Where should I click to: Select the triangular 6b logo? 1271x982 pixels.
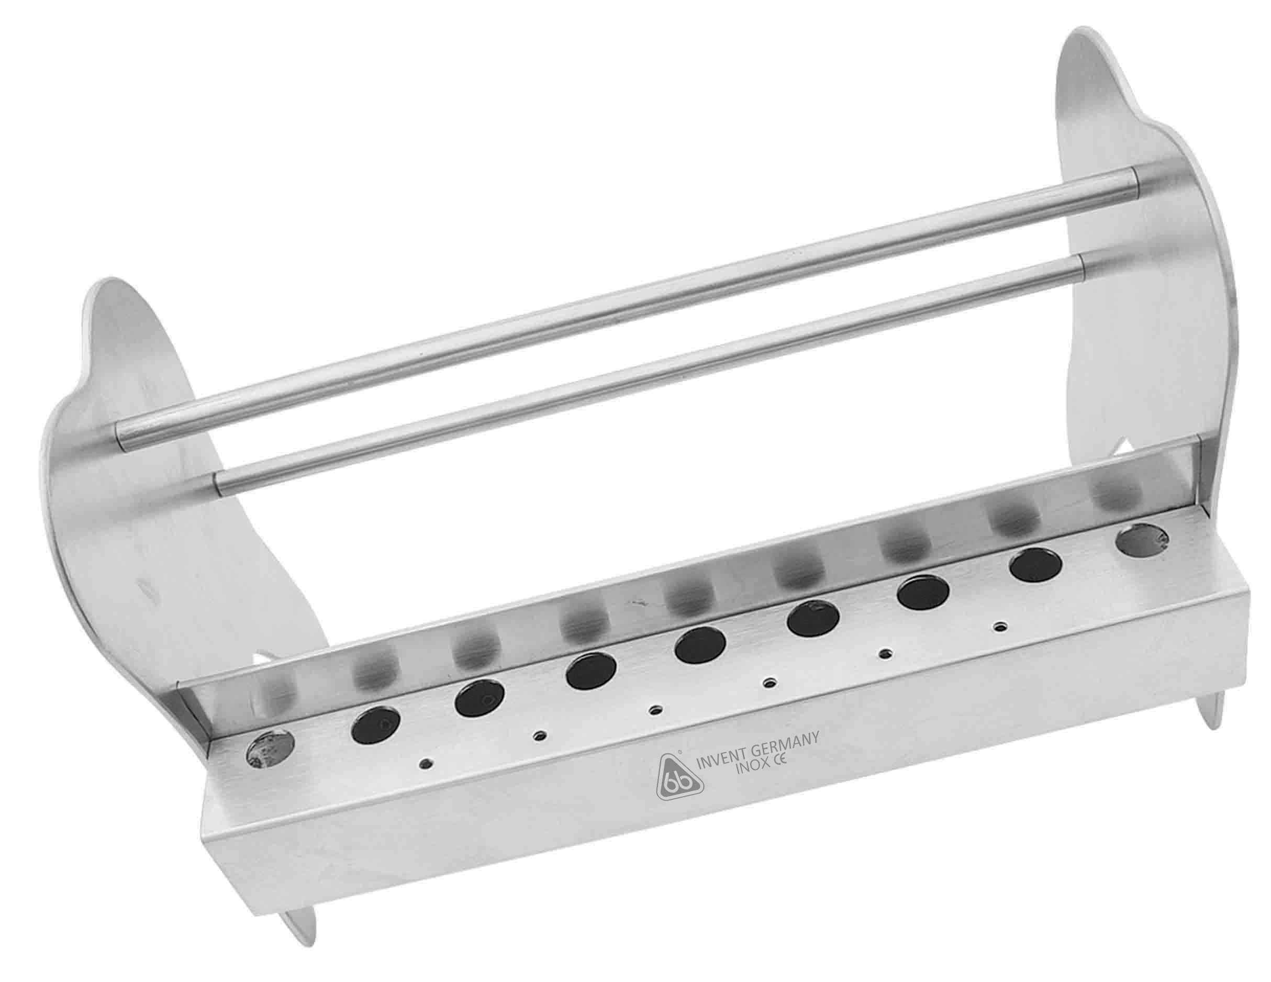tap(679, 777)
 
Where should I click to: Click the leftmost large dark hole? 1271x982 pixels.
tap(376, 724)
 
